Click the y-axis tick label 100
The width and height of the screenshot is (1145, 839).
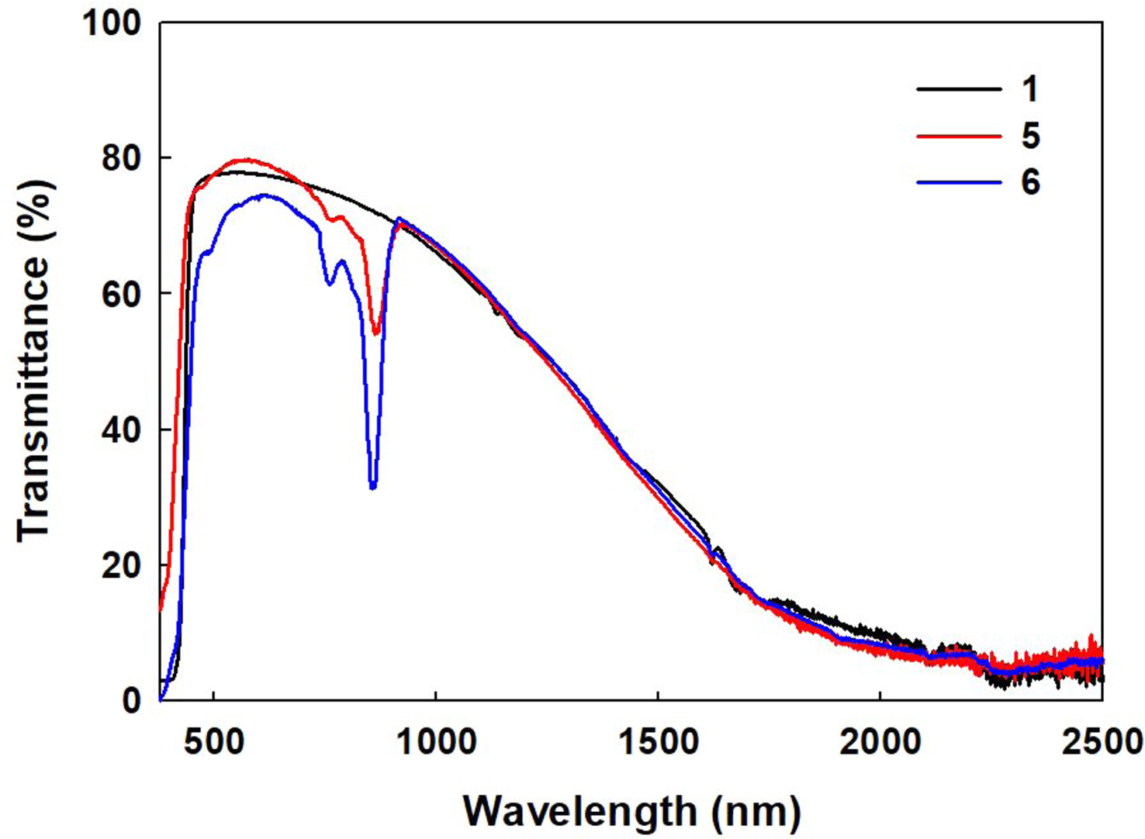click(x=113, y=24)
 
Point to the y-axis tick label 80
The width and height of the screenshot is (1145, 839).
click(x=123, y=159)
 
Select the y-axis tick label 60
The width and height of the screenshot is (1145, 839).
click(x=123, y=295)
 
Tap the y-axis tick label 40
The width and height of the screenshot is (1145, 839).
click(x=123, y=430)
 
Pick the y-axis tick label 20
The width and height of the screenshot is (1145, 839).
click(x=123, y=566)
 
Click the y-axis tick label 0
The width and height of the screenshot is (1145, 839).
click(x=133, y=701)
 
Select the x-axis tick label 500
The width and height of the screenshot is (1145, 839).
click(x=213, y=743)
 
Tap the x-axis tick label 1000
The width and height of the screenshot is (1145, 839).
click(x=435, y=743)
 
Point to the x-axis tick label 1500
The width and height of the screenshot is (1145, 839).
click(x=658, y=743)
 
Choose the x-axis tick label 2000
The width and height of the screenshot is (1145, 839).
click(x=880, y=743)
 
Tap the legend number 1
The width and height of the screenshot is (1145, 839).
click(x=1029, y=90)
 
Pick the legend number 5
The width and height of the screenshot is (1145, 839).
click(x=1029, y=136)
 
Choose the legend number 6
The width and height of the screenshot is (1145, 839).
click(x=1029, y=183)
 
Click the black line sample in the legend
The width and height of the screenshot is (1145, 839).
click(x=959, y=90)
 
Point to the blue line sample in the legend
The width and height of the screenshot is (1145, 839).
click(x=959, y=183)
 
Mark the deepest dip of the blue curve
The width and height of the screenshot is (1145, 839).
click(x=373, y=487)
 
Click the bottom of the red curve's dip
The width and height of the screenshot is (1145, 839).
click(x=376, y=333)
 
